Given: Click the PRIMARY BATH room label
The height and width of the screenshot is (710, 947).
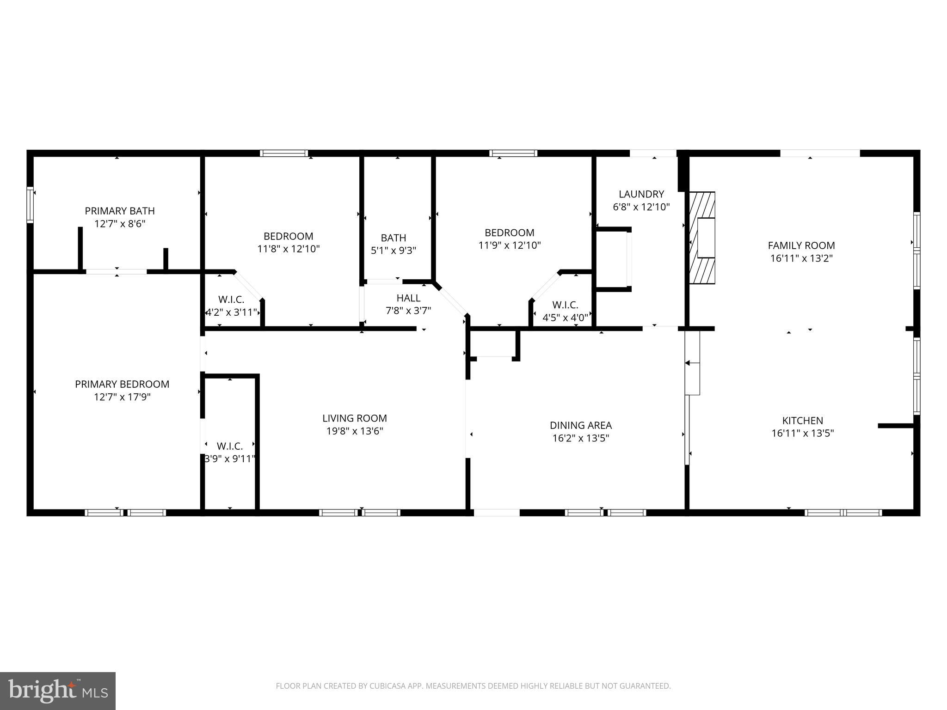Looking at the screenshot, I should (x=120, y=211).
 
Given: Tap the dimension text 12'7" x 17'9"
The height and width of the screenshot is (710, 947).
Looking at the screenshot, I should (x=122, y=397).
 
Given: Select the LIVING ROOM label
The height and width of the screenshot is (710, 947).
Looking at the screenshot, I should (x=355, y=418).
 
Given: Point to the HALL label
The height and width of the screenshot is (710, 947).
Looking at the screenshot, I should (x=408, y=298).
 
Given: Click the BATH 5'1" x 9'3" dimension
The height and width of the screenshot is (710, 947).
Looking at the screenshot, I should (x=394, y=251).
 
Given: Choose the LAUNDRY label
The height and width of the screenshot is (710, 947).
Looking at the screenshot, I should (x=641, y=194).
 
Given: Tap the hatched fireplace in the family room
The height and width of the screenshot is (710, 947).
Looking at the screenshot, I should (x=702, y=238).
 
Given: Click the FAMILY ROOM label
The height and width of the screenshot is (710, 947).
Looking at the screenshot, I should (x=801, y=245).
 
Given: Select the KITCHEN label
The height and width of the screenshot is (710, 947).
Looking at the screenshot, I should (x=802, y=421).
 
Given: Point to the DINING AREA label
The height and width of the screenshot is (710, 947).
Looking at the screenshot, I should (x=581, y=425).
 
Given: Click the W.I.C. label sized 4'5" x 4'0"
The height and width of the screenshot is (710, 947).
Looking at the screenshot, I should (x=565, y=305).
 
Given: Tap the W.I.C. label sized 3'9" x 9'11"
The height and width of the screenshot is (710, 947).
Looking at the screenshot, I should (x=230, y=447).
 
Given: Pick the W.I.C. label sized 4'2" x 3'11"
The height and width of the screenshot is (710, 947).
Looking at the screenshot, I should (x=231, y=300).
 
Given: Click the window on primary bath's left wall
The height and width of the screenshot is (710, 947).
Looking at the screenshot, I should (x=30, y=204).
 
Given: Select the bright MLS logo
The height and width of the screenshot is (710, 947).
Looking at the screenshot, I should (x=57, y=691).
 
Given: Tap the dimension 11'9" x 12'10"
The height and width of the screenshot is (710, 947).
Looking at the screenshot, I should (x=510, y=245).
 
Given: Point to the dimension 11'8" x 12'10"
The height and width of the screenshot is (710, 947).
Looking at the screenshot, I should (x=289, y=249).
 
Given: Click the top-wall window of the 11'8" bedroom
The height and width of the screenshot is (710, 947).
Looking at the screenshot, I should (x=284, y=153).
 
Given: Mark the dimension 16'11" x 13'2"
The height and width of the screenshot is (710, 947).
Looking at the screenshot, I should (x=801, y=258).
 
